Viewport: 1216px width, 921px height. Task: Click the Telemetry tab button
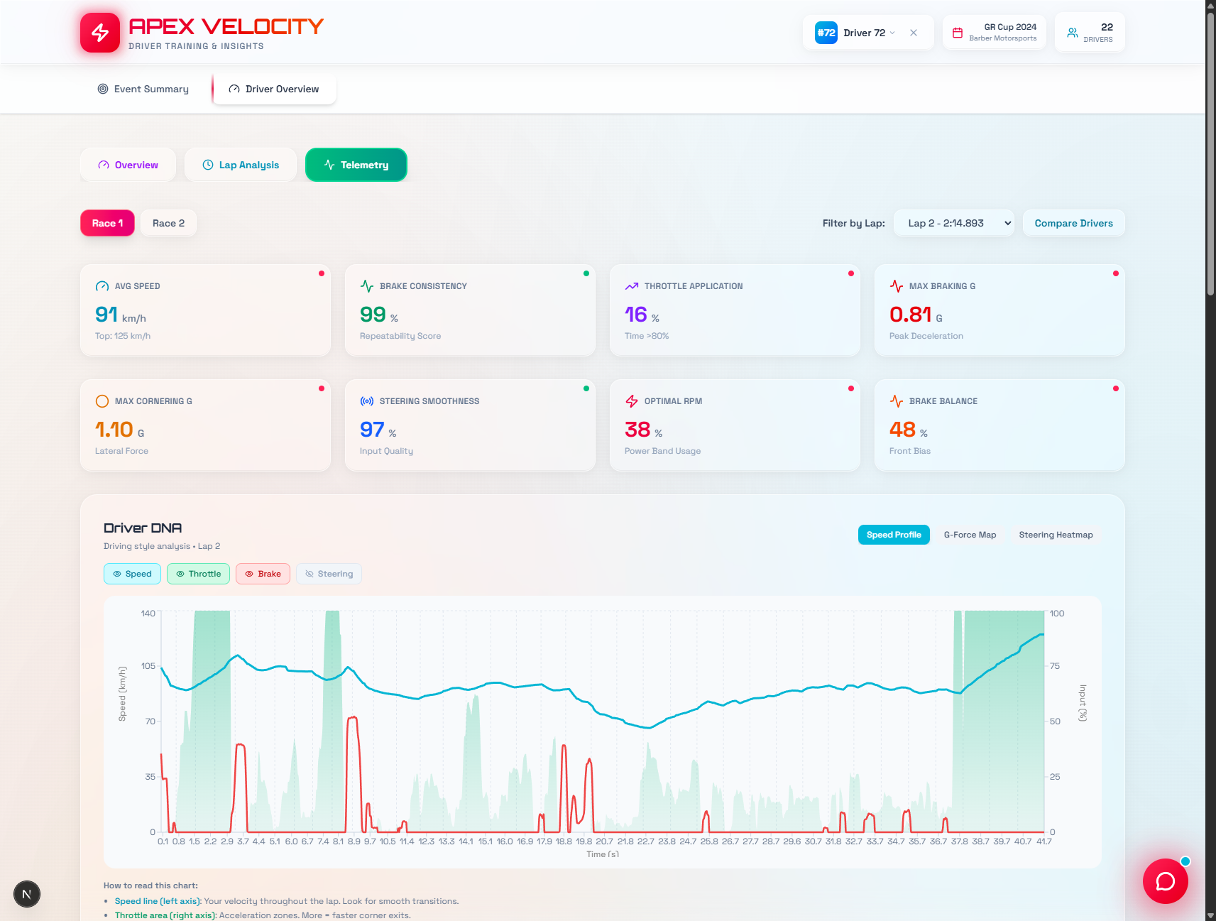[x=356, y=165]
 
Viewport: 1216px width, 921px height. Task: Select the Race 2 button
[x=168, y=223]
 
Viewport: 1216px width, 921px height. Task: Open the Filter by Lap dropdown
[x=953, y=223]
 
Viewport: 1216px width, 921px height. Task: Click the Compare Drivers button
[x=1073, y=223]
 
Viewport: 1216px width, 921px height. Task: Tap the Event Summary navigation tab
[x=143, y=89]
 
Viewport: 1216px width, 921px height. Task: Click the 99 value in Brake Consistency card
[x=373, y=315]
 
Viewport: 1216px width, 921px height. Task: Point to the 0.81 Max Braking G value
[x=910, y=315]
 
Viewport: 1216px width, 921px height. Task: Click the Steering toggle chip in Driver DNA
[x=329, y=574]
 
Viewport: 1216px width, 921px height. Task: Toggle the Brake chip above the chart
[x=263, y=574]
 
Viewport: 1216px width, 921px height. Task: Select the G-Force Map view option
[x=970, y=535]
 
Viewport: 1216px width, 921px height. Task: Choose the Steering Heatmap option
[x=1056, y=535]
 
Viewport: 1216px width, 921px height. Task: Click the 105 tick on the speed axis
[x=148, y=666]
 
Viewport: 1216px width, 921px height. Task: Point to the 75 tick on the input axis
[x=1055, y=666]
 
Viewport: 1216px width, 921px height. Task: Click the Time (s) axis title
[x=603, y=854]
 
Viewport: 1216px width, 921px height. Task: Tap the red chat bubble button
[x=1165, y=881]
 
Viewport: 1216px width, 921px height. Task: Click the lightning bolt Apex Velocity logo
[x=100, y=33]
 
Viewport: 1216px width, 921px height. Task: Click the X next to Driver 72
[x=914, y=33]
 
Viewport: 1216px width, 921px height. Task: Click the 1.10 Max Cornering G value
[x=114, y=430]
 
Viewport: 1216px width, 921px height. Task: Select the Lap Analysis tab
[x=241, y=165]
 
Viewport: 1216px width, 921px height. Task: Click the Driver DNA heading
[x=143, y=528]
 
